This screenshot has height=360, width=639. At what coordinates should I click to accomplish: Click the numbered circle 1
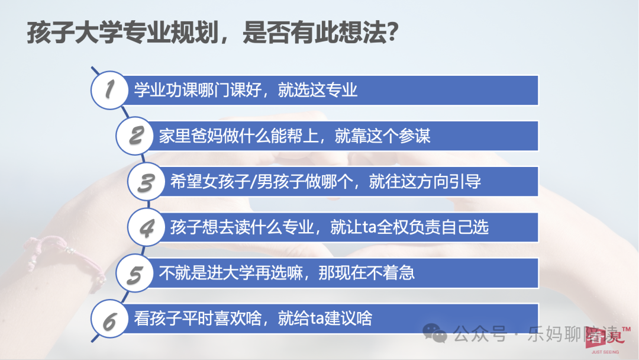(x=109, y=90)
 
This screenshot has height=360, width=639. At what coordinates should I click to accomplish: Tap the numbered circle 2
(x=135, y=136)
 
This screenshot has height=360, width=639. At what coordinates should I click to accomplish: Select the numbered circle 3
(x=146, y=181)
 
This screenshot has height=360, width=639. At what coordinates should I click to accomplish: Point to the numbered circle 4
(x=146, y=227)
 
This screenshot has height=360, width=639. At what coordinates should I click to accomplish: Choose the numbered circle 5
(x=135, y=273)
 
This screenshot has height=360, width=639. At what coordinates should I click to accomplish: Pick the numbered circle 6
(x=109, y=319)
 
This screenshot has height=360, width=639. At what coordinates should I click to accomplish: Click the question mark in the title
(x=392, y=32)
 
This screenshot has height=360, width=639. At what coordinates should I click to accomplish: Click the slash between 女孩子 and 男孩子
(x=253, y=182)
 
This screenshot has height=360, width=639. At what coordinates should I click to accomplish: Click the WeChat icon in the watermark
(x=434, y=333)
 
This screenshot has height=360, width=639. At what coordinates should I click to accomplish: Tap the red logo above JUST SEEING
(x=605, y=337)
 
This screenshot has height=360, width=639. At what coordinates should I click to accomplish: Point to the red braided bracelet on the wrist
(x=64, y=258)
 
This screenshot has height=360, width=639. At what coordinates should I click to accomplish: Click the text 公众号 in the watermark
(x=480, y=334)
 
